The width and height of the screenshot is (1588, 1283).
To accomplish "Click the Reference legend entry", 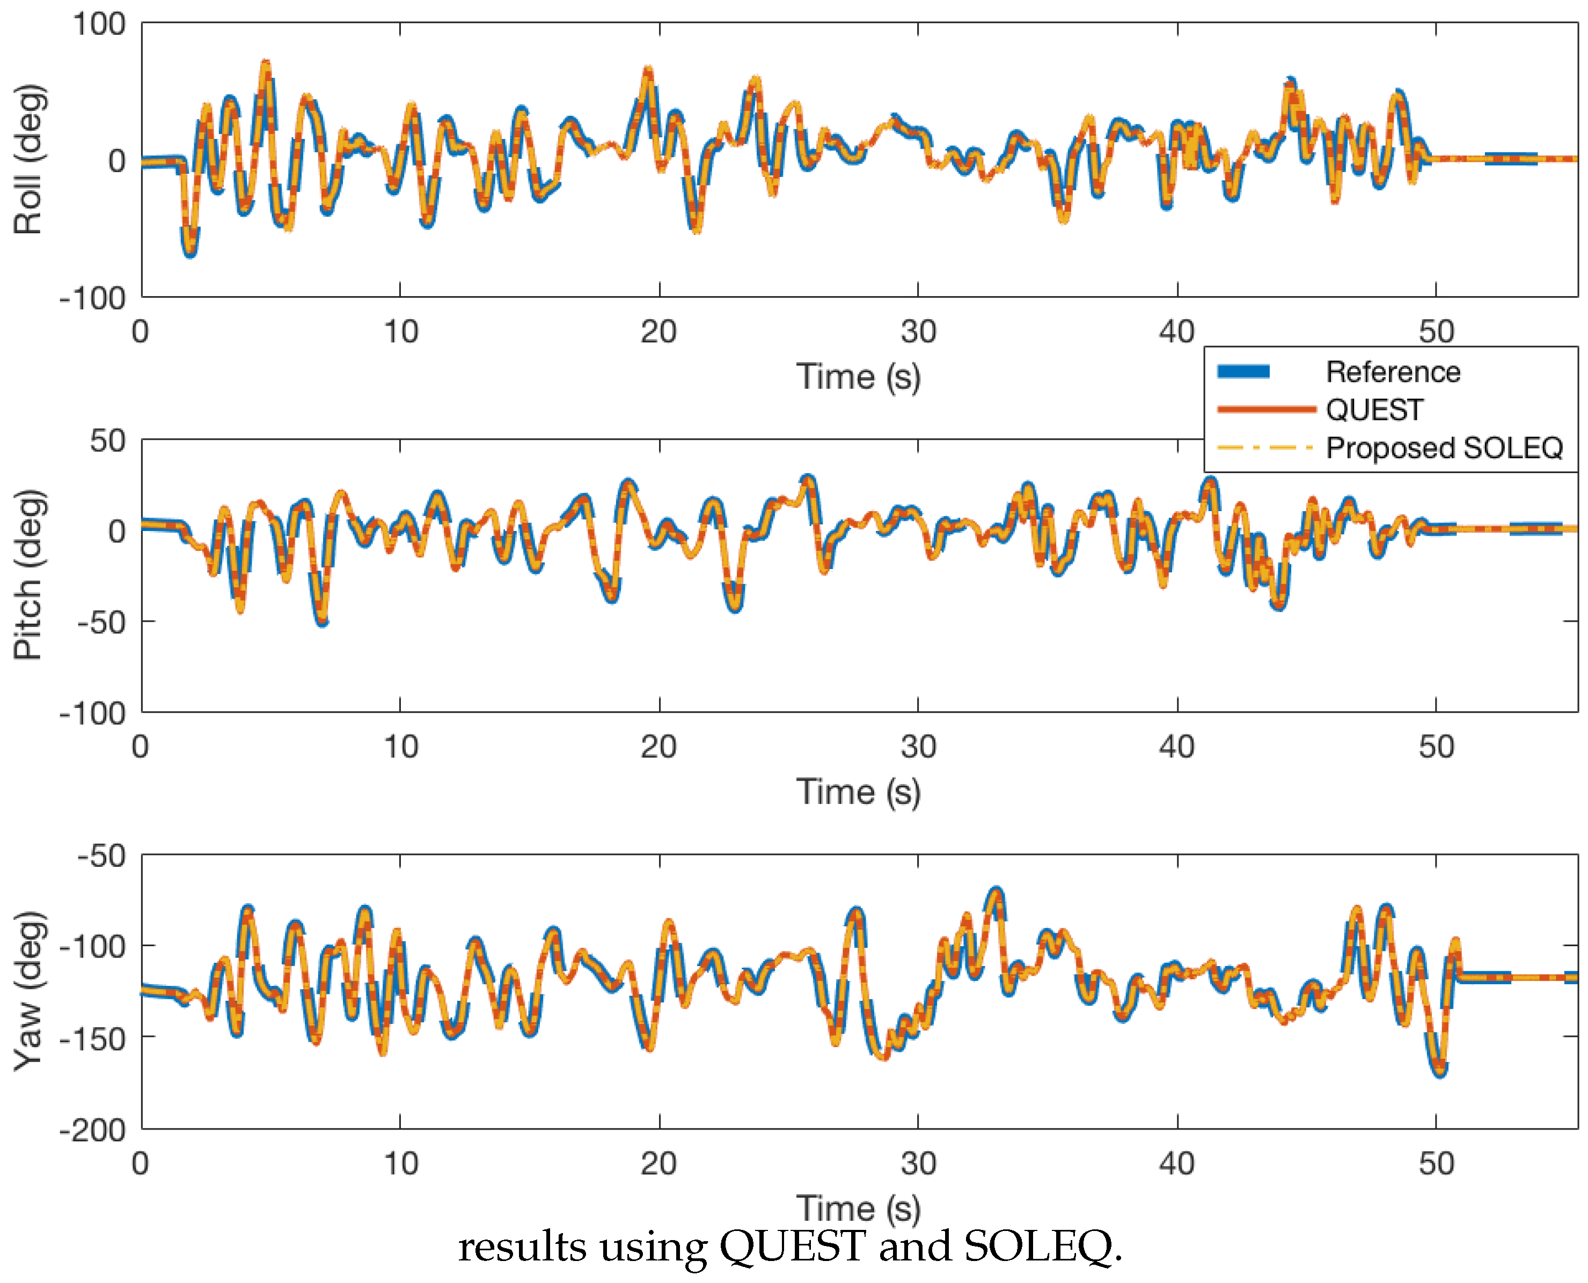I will pos(1392,372).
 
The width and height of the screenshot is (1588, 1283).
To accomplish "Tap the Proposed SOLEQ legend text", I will pos(1443,448).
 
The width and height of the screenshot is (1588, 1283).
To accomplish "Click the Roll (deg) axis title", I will pos(30,160).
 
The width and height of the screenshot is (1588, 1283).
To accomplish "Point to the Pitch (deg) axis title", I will pos(30,574).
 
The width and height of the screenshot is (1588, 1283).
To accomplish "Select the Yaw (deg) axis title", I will pos(30,990).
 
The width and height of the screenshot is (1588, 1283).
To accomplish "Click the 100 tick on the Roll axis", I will pos(98,24).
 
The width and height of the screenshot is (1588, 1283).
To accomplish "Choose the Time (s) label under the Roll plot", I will pos(858,377).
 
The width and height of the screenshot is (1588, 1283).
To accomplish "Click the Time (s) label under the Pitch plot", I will pos(858,792).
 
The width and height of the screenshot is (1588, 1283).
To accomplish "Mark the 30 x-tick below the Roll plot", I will pos(918,332).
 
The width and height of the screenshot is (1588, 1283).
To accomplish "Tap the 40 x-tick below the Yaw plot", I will pos(1177,1164).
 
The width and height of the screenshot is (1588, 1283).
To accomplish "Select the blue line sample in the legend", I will pos(1243,372).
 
